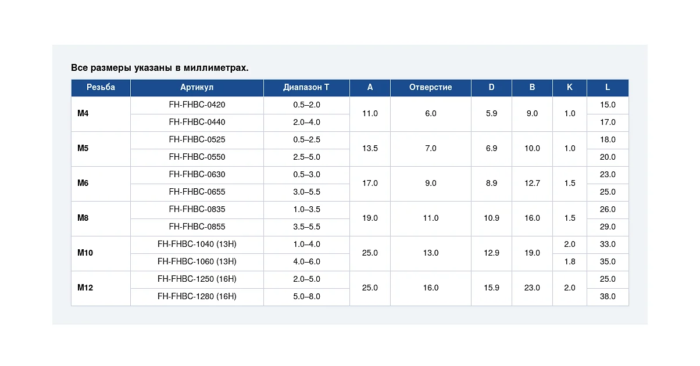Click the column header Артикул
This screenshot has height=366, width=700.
tap(197, 87)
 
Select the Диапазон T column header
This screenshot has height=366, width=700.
tap(306, 87)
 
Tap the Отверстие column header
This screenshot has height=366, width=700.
tap(431, 87)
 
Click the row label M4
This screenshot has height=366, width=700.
tap(83, 113)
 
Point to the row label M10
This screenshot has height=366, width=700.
tap(85, 253)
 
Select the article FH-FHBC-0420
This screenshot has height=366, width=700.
tap(197, 105)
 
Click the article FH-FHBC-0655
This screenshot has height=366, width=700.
tap(197, 192)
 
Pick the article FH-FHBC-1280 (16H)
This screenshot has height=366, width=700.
tap(197, 296)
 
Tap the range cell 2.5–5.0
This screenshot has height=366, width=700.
tap(306, 157)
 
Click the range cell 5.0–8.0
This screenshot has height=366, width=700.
tap(306, 296)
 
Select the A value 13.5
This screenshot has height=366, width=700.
tap(370, 148)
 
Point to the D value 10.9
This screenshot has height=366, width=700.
tap(491, 218)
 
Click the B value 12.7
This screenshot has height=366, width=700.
tap(532, 183)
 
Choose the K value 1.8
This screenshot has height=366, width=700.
tap(570, 261)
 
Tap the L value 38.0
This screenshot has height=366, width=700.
tap(608, 296)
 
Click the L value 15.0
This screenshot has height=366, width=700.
tap(608, 105)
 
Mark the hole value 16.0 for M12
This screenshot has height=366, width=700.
tap(431, 288)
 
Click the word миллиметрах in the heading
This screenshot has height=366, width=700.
tap(216, 68)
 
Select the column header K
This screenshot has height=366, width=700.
tap(570, 87)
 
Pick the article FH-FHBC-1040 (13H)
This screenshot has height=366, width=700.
tap(197, 244)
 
